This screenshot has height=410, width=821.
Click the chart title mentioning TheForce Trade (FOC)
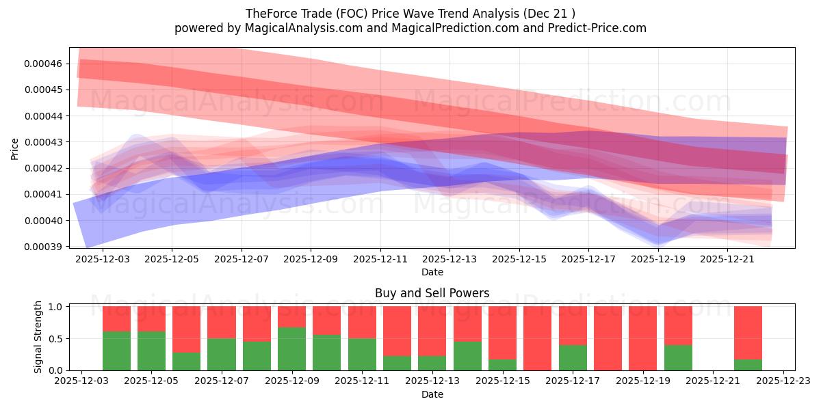(x=410, y=13)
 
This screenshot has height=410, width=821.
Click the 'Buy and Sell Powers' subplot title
(x=432, y=293)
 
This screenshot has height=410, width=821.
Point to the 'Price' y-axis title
(x=14, y=148)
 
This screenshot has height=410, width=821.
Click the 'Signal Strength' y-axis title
(x=38, y=337)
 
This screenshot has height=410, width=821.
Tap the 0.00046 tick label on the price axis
(x=43, y=64)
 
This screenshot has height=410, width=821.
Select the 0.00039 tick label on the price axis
(x=43, y=246)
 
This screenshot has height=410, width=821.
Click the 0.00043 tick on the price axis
(x=43, y=142)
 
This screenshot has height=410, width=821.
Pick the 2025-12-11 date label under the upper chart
(x=380, y=260)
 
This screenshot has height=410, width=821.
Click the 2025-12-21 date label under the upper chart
(x=727, y=260)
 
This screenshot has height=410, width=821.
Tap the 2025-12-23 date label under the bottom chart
(x=783, y=382)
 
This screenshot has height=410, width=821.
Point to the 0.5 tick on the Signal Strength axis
(x=57, y=339)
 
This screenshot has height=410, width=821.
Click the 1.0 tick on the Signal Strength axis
(x=57, y=307)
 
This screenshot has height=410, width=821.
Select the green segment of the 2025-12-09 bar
(x=291, y=348)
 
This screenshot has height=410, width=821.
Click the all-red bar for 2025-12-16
(x=538, y=338)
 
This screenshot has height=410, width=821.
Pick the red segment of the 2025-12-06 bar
(x=186, y=329)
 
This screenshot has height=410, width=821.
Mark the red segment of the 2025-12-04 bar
(x=116, y=318)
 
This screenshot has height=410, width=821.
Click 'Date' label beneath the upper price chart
(x=432, y=272)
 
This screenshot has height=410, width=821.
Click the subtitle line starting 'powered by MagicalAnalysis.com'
(x=410, y=28)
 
